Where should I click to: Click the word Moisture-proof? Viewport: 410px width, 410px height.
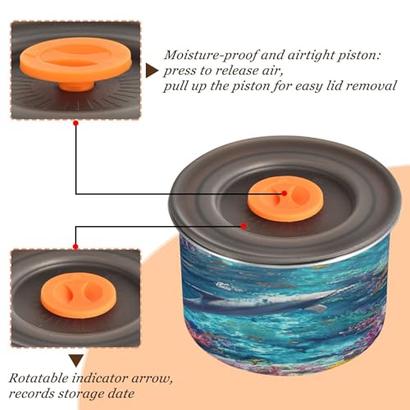coord(211,56)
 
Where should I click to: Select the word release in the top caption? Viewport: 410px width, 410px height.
coord(242,71)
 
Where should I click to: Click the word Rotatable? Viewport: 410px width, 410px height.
coord(39,378)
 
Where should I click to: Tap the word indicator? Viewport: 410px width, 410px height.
coord(100,378)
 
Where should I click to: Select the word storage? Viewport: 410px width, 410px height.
coord(81,394)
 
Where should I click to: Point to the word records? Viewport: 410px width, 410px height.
coord(31,394)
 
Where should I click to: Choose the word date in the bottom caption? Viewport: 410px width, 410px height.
coord(121,394)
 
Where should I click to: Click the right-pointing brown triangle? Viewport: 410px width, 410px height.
coord(152,71)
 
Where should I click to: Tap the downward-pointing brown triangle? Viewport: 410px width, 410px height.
coord(76,360)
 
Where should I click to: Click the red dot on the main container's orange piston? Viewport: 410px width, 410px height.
coord(285,194)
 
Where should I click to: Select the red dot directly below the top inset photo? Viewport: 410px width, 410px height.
coord(76,123)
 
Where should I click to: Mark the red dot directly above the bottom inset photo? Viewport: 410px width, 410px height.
coord(75,247)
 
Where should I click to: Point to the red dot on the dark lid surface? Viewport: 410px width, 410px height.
coord(244,226)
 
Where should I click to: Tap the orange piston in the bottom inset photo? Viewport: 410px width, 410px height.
coord(79,294)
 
